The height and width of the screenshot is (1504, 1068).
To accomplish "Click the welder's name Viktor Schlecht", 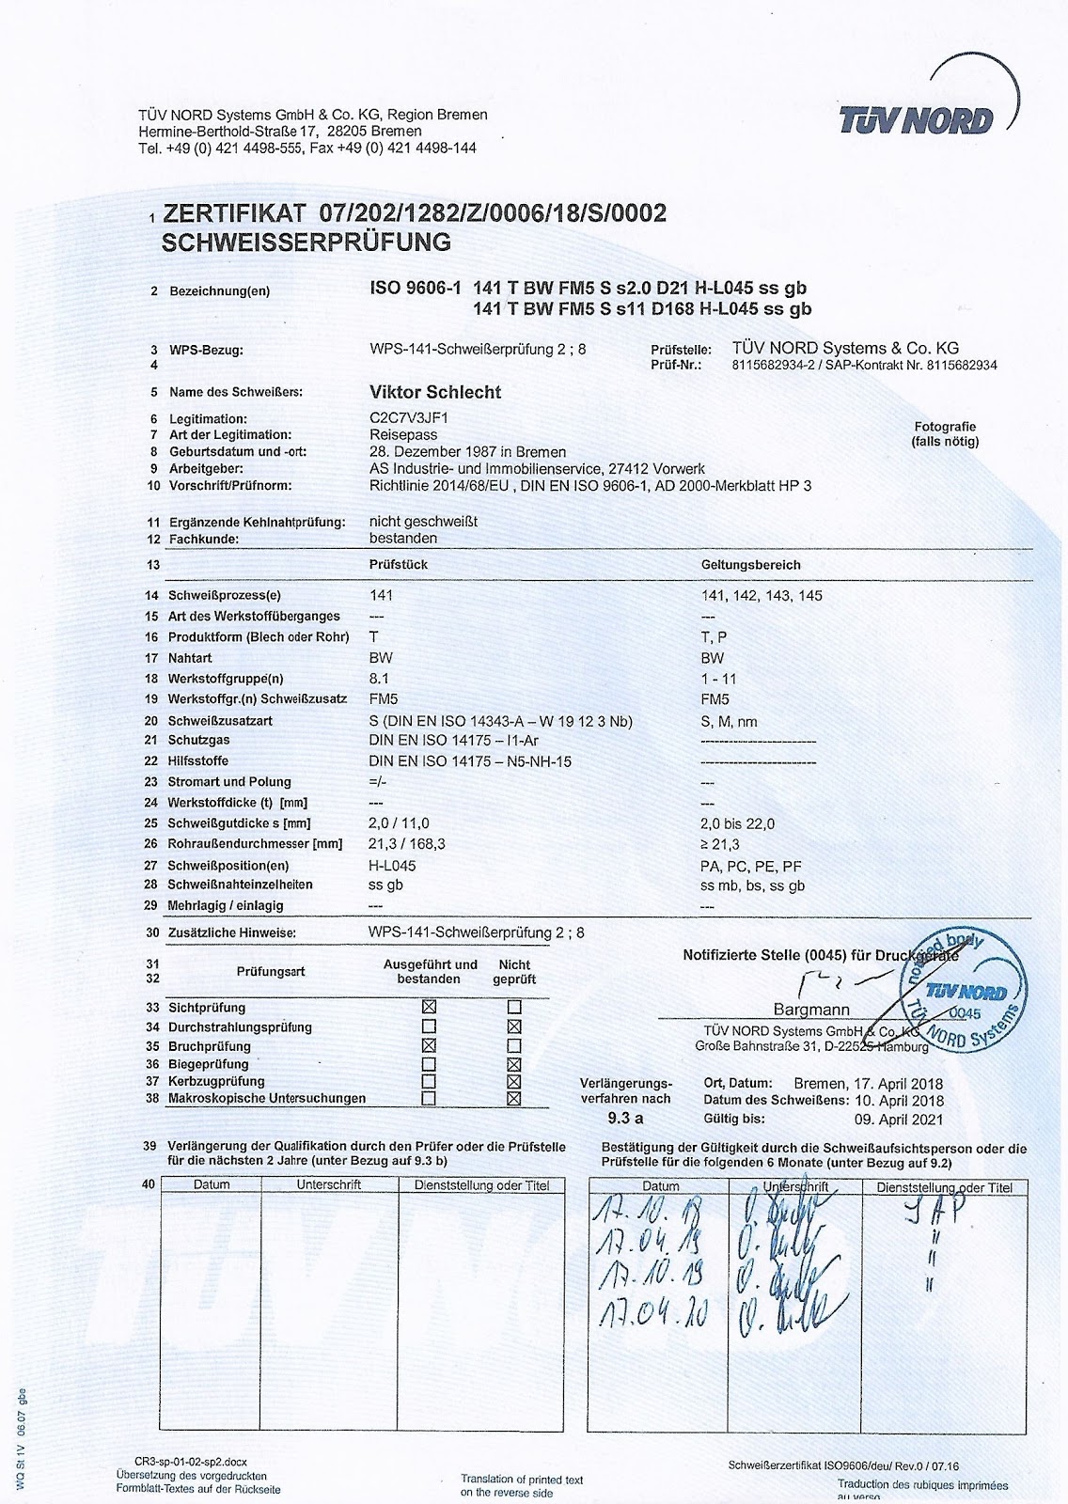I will point(435,392).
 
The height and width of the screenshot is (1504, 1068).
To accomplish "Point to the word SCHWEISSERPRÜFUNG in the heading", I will point(306,243).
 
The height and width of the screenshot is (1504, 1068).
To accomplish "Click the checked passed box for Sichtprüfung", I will point(430,1007).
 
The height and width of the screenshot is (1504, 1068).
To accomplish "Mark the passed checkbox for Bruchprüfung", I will point(430,1045).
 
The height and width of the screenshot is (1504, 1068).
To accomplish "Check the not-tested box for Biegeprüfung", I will point(514,1064).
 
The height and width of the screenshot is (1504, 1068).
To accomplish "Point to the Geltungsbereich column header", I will point(750,565).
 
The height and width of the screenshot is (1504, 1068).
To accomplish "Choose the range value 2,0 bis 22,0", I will point(738,823).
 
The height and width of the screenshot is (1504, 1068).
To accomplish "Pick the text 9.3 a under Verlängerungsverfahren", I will point(625,1119).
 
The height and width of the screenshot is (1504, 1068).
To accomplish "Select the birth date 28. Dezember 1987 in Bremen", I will point(468,452).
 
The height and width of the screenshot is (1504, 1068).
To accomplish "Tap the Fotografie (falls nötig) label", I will point(945,433).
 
